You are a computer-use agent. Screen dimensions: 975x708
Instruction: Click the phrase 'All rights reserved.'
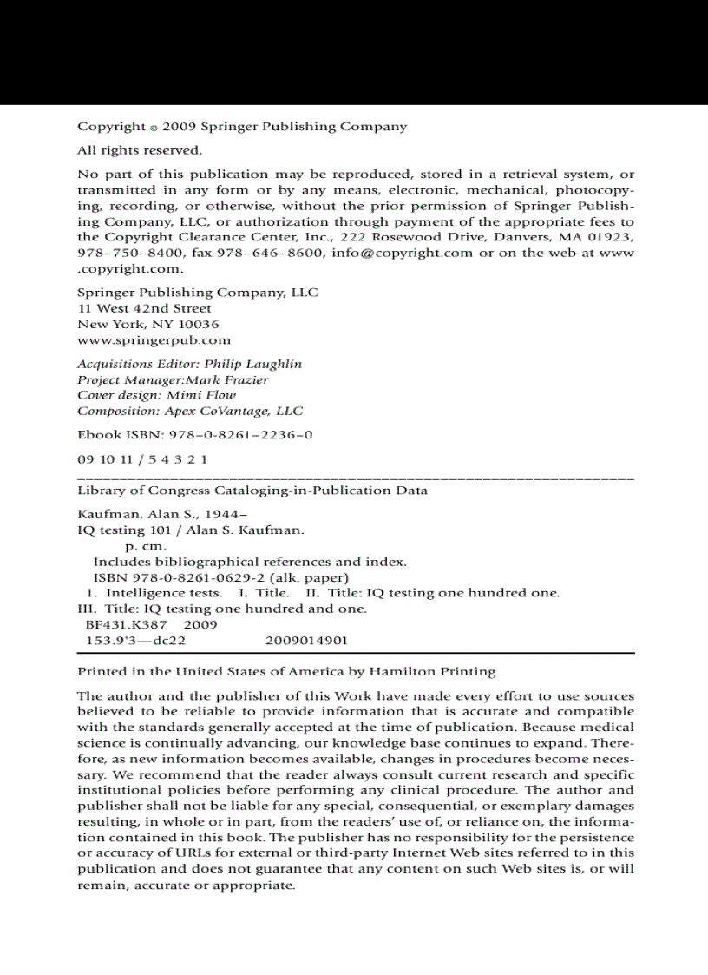tap(140, 150)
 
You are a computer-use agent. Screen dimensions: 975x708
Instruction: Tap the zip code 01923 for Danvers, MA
tap(614, 237)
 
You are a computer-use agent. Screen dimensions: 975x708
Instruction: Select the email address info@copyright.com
tap(402, 253)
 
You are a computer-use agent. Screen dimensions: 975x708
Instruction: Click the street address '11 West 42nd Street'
tap(144, 308)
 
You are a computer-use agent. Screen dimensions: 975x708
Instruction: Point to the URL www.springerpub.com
tap(154, 340)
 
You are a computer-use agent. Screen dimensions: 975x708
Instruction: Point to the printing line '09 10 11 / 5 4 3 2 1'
tap(142, 459)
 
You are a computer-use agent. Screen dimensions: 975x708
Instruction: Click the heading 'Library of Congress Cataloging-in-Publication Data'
tap(252, 491)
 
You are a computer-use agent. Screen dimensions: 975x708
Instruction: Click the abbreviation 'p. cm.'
tap(146, 546)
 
